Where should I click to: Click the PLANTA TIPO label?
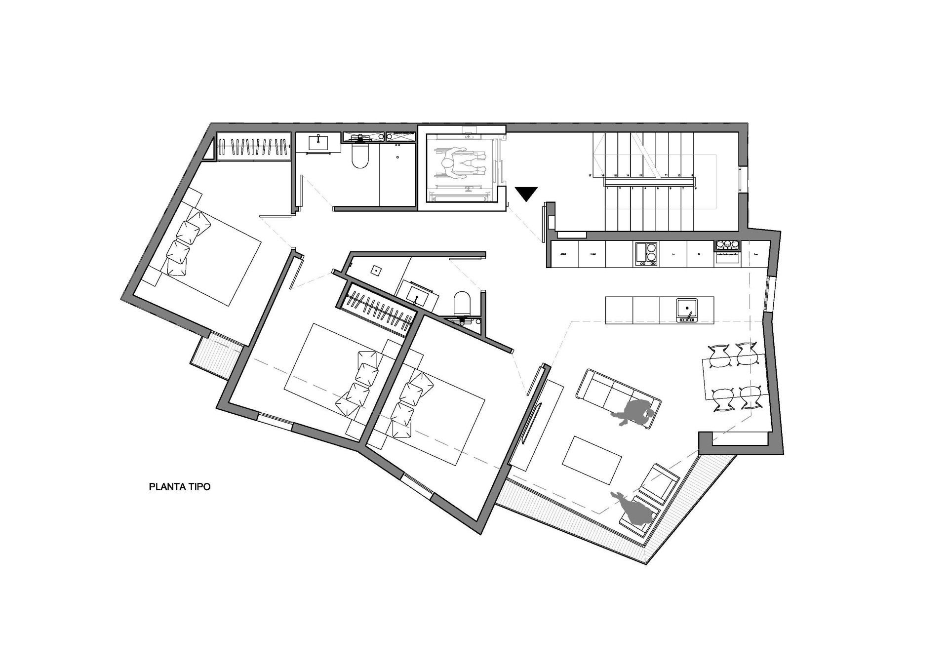tap(180, 487)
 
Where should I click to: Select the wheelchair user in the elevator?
tap(460, 168)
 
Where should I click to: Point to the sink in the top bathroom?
tap(319, 143)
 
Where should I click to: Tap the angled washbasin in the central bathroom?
tap(418, 295)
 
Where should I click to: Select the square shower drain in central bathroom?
tap(376, 270)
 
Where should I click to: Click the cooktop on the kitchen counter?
tap(646, 253)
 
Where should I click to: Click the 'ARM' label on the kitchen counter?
tap(562, 254)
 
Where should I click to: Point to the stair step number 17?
tap(590, 175)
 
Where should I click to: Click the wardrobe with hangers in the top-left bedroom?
tap(253, 147)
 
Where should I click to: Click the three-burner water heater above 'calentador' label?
tap(727, 244)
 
